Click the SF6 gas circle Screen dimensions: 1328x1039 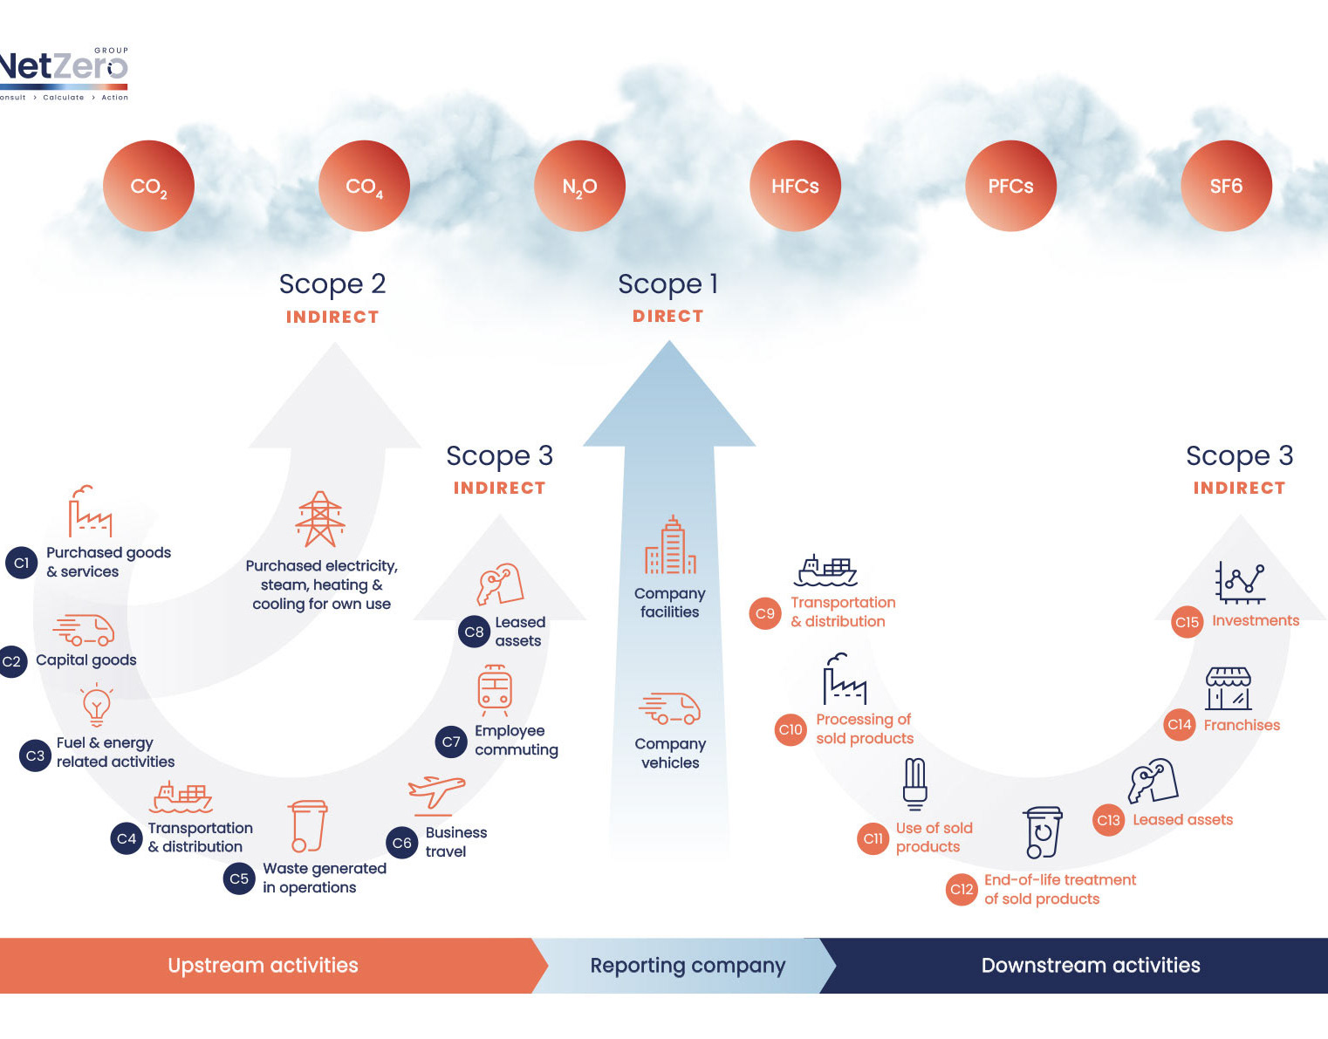click(1226, 186)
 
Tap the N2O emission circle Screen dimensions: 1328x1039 click(579, 186)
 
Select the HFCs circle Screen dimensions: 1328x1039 click(795, 186)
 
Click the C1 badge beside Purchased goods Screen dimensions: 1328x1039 click(22, 563)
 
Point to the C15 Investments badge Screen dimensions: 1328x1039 click(1187, 622)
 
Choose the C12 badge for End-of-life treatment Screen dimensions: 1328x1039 click(962, 889)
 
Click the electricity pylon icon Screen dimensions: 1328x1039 click(320, 519)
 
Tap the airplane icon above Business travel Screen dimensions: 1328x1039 click(436, 796)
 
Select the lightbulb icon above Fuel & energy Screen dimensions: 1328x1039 click(97, 706)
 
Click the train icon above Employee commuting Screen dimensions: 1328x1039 click(495, 690)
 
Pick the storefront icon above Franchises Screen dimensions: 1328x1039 click(1228, 688)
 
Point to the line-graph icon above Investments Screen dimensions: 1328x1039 click(1239, 582)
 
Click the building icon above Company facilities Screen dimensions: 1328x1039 click(670, 545)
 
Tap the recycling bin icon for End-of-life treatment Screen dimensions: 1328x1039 click(1043, 832)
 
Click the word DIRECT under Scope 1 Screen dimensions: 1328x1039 click(668, 316)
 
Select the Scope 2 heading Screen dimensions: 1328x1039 click(332, 284)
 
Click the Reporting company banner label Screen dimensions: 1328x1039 click(688, 965)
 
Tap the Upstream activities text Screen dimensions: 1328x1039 click(263, 965)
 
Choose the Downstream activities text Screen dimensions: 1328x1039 click(1091, 965)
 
